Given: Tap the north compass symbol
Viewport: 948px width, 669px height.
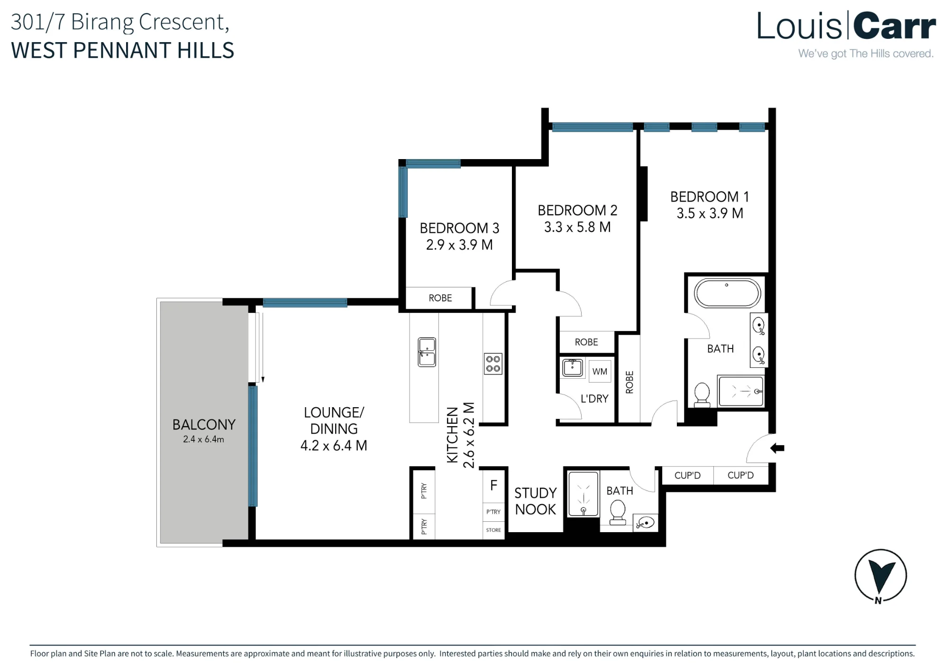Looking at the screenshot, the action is pyautogui.click(x=880, y=576).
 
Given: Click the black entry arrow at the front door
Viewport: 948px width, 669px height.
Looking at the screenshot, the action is pyautogui.click(x=777, y=448).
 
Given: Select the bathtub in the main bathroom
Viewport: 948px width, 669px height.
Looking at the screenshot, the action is pyautogui.click(x=727, y=293).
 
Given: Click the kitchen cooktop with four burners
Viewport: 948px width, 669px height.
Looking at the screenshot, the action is pyautogui.click(x=493, y=364).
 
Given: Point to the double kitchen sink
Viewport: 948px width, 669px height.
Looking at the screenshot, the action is pyautogui.click(x=427, y=352).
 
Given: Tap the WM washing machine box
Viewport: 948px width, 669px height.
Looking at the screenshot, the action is pyautogui.click(x=600, y=372).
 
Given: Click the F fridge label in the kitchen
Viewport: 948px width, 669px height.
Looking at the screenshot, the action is pyautogui.click(x=493, y=485).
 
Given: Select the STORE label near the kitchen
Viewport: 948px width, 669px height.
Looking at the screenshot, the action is pyautogui.click(x=493, y=530).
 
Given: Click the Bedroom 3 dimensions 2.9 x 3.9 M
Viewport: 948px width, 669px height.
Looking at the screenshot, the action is pyautogui.click(x=459, y=245).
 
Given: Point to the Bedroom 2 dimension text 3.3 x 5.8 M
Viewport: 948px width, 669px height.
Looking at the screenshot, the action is pyautogui.click(x=577, y=227).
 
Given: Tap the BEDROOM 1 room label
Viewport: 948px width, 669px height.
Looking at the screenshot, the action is pyautogui.click(x=710, y=196).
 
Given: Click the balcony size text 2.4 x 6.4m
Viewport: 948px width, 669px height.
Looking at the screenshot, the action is pyautogui.click(x=203, y=439).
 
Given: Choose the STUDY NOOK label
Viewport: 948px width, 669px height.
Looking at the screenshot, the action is pyautogui.click(x=536, y=501).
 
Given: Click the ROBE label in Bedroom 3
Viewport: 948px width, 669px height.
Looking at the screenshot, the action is pyautogui.click(x=440, y=298).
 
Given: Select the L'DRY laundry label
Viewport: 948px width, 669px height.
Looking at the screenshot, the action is pyautogui.click(x=594, y=399).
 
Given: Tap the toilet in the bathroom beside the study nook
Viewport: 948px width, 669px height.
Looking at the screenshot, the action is pyautogui.click(x=618, y=513).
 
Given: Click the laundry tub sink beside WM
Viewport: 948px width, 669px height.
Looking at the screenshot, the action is pyautogui.click(x=573, y=367).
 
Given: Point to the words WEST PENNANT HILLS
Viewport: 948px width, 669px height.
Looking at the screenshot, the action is pyautogui.click(x=122, y=51).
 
